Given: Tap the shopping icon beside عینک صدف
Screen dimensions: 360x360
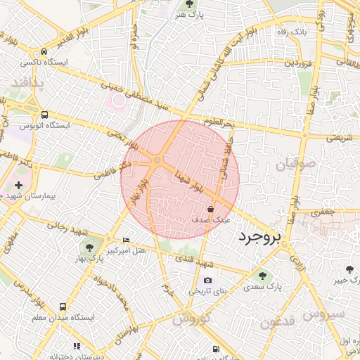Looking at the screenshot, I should (211, 209).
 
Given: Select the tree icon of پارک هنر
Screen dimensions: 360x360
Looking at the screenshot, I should (189, 4).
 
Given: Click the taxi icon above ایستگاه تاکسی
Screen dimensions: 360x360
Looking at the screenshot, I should (44, 52).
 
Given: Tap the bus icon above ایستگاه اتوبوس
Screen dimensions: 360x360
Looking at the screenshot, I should (45, 115).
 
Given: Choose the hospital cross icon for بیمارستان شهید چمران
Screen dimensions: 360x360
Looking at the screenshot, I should (18, 185).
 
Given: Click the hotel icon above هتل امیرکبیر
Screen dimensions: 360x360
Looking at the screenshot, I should (126, 240).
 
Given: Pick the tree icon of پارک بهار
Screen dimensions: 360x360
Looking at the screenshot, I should (89, 247).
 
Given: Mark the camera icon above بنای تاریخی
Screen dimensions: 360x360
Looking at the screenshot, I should (207, 281).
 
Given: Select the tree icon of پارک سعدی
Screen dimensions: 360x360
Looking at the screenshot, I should (263, 276).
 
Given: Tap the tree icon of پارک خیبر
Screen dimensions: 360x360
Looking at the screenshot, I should (350, 269).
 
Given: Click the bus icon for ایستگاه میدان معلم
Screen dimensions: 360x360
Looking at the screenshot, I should (63, 307).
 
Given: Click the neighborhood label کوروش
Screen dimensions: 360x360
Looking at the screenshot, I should (190, 319).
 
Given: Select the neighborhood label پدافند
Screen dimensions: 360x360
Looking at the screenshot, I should (27, 84).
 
